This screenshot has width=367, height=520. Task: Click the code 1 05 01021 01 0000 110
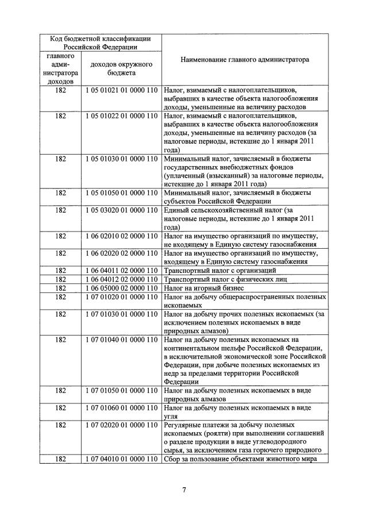click(121, 90)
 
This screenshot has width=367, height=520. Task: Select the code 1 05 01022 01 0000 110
click(121, 115)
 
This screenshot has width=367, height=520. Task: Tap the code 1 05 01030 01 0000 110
click(121, 158)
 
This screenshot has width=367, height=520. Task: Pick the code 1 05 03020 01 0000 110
click(121, 210)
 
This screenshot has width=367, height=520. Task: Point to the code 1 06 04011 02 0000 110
click(121, 271)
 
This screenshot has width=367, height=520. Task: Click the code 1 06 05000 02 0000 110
click(121, 288)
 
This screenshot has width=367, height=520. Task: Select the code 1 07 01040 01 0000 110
click(121, 340)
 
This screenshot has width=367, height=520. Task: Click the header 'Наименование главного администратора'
click(245, 59)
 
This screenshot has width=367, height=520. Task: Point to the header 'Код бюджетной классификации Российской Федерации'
click(101, 43)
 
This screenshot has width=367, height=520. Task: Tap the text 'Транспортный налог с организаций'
click(220, 271)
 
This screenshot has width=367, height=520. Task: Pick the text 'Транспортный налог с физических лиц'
click(225, 279)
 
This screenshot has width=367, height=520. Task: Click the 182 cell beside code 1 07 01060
click(60, 407)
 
